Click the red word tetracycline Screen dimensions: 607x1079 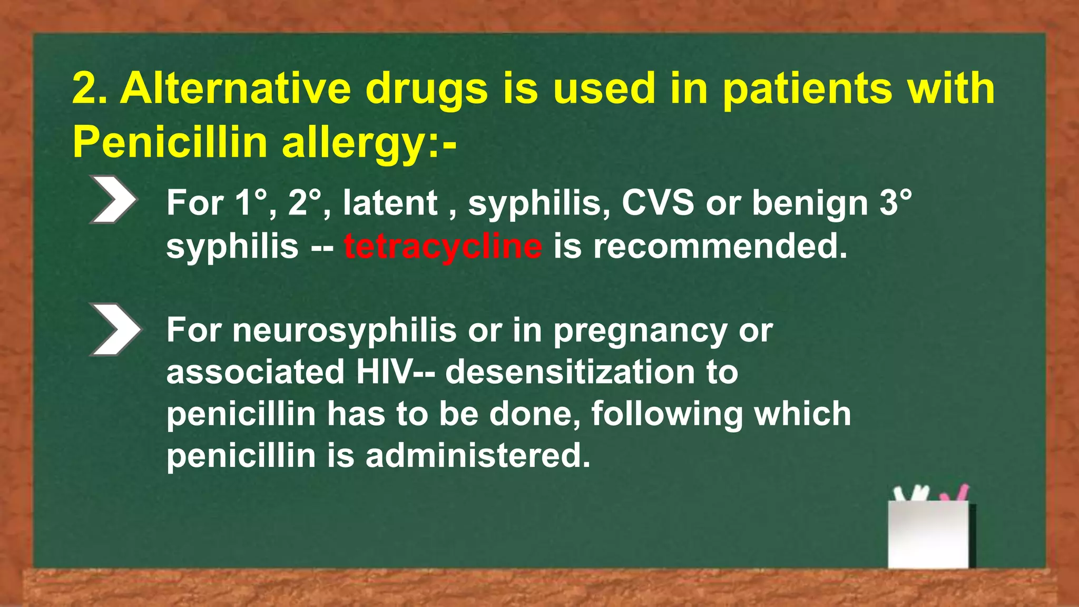pyautogui.click(x=443, y=246)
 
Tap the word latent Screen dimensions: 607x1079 pyautogui.click(x=390, y=202)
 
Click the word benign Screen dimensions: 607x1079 pyautogui.click(x=809, y=203)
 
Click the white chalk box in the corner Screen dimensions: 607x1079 pyautogui.click(x=928, y=534)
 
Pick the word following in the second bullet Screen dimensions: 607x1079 pyautogui.click(x=667, y=414)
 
